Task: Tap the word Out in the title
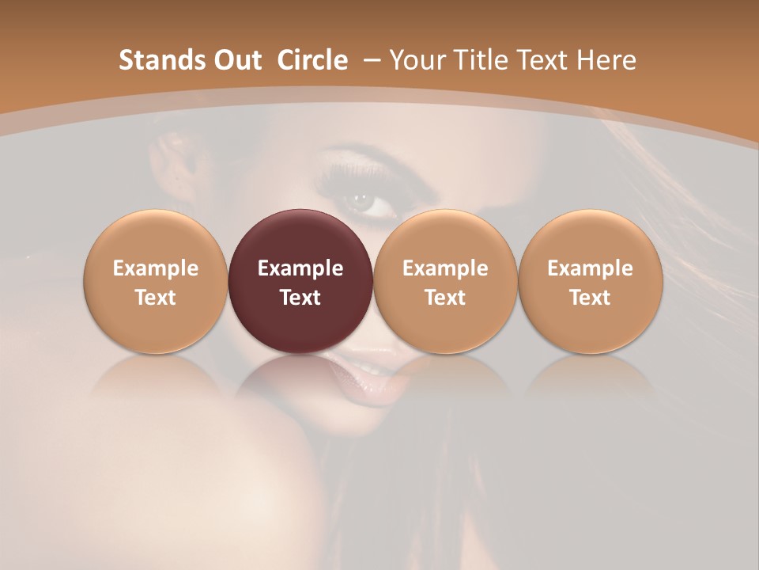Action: tap(235, 60)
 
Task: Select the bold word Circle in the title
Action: tap(312, 60)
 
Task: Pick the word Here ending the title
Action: tap(607, 60)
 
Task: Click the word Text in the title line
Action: tap(542, 60)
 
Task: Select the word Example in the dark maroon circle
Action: tap(300, 268)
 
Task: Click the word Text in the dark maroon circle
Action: tap(300, 298)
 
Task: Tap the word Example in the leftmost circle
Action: tap(156, 268)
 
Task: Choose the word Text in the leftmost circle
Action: tap(156, 298)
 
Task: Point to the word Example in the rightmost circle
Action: tap(590, 268)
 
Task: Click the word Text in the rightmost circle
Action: tap(590, 298)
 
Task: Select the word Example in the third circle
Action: tap(445, 268)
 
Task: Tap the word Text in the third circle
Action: tap(445, 298)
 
